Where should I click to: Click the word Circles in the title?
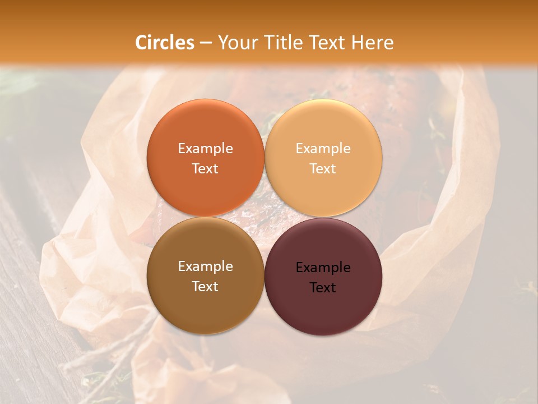pyautogui.click(x=164, y=43)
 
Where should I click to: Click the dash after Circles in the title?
pyautogui.click(x=206, y=43)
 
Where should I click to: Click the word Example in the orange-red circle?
pyautogui.click(x=205, y=149)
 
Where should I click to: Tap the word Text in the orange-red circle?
pyautogui.click(x=205, y=169)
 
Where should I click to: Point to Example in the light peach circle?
pyautogui.click(x=323, y=149)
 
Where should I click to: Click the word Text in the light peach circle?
pyautogui.click(x=323, y=169)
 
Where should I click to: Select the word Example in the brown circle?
pyautogui.click(x=205, y=267)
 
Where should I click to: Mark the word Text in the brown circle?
pyautogui.click(x=205, y=287)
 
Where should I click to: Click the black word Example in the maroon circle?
pyautogui.click(x=323, y=268)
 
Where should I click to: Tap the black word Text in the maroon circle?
pyautogui.click(x=323, y=288)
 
